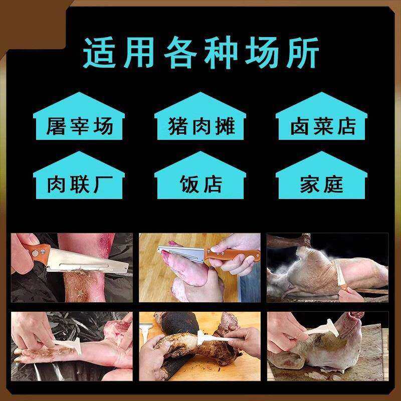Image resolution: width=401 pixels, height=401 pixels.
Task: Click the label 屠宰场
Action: pyautogui.click(x=79, y=126)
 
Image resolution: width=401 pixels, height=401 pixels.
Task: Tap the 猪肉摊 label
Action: pyautogui.click(x=200, y=126)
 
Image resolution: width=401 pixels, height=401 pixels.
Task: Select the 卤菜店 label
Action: pyautogui.click(x=321, y=126)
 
